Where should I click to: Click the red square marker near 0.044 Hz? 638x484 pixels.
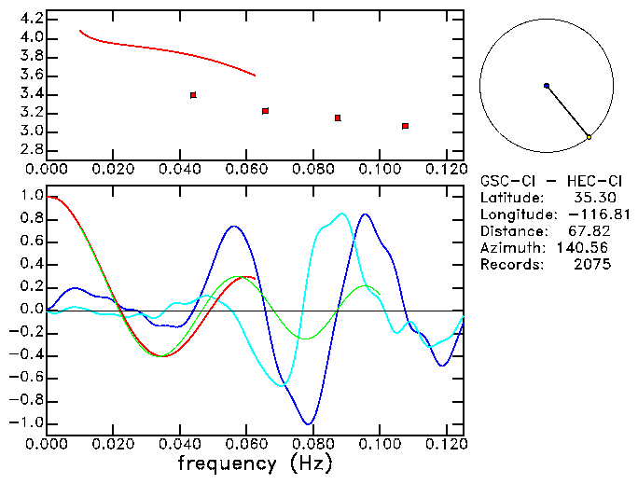(x=193, y=95)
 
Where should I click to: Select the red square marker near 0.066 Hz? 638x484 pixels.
(x=266, y=111)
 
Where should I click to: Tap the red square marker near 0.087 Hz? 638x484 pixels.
(x=337, y=118)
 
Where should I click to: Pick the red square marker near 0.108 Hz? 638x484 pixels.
(x=405, y=126)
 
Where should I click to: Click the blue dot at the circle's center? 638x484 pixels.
(x=547, y=86)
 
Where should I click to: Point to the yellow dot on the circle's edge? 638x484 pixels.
(x=589, y=138)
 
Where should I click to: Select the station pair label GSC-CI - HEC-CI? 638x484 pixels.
(x=546, y=181)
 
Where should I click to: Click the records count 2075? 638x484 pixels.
(x=593, y=265)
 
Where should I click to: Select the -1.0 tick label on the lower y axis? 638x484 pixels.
(x=29, y=423)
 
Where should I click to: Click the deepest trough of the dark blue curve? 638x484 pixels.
(x=308, y=423)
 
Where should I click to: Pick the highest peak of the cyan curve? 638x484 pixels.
(x=343, y=214)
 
